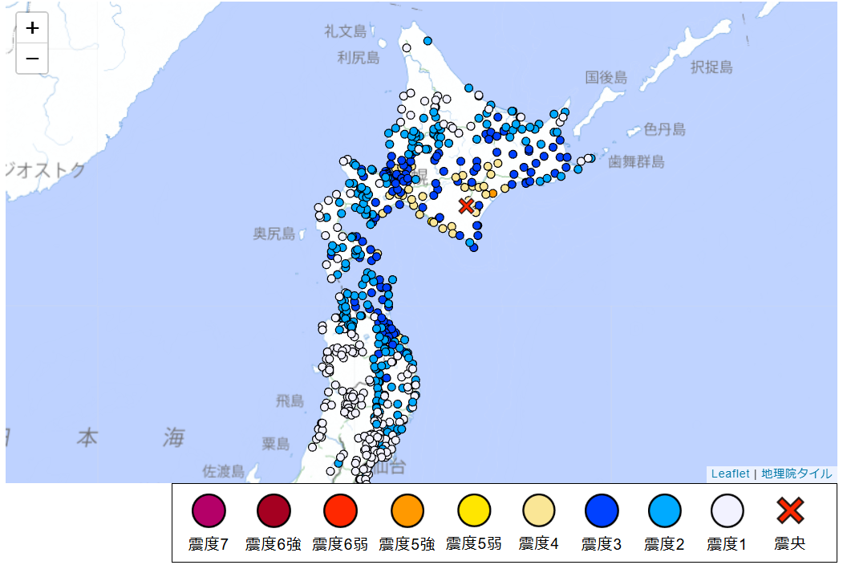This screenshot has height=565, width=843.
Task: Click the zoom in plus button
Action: point(32,28)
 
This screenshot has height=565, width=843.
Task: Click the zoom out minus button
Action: point(32,59)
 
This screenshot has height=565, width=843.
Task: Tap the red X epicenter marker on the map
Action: point(466,206)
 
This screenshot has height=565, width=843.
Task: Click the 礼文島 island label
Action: point(346,31)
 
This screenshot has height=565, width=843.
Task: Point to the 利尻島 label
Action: point(358,57)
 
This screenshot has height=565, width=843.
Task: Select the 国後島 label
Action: point(606,77)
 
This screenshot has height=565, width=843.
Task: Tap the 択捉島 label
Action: point(711,67)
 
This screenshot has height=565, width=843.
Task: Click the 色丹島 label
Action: point(664,129)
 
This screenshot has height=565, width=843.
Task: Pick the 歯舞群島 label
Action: point(636,161)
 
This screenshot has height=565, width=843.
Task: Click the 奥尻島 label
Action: point(274,234)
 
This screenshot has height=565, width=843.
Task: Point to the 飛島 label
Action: point(290,400)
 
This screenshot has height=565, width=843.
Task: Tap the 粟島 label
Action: point(275,443)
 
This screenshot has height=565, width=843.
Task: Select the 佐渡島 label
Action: point(223,471)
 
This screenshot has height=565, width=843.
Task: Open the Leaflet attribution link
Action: point(730,474)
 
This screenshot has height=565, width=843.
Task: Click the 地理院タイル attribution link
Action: point(796,474)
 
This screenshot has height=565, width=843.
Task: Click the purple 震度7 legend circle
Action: point(209,510)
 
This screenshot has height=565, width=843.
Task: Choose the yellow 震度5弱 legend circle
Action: point(474,510)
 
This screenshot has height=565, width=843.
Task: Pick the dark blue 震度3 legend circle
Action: point(602,510)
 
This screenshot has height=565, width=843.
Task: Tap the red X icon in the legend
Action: point(790,510)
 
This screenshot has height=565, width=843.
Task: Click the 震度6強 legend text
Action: point(274,544)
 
